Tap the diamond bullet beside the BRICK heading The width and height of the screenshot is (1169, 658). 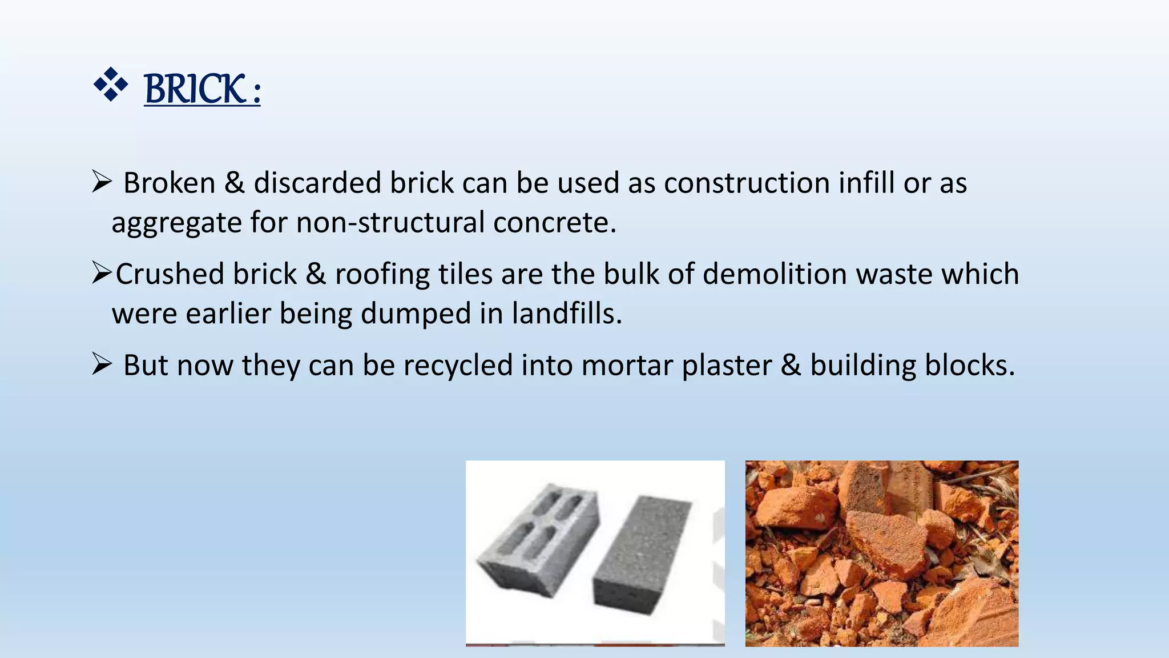(111, 85)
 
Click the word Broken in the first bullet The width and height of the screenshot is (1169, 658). (169, 183)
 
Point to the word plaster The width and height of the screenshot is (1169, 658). (727, 366)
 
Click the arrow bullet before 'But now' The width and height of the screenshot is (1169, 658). (102, 364)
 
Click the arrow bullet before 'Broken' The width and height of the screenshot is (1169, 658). (102, 182)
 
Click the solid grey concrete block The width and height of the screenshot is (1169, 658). (642, 554)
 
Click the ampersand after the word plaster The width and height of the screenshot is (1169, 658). (791, 366)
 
